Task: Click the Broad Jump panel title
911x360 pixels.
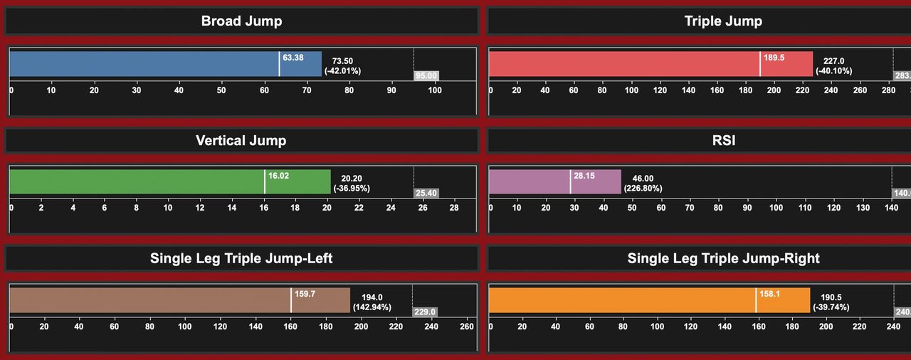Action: [x=241, y=21]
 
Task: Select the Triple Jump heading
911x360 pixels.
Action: [x=723, y=21]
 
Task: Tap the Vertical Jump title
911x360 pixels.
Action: [x=241, y=140]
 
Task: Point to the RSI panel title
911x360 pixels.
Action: [x=723, y=140]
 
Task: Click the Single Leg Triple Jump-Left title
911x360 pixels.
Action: [x=241, y=258]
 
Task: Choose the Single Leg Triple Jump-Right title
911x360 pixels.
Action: [x=723, y=258]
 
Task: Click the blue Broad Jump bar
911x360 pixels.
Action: [x=142, y=64]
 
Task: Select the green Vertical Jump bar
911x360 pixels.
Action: [x=135, y=182]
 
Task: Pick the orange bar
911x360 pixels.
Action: [x=619, y=300]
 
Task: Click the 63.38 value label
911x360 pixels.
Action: [x=293, y=58]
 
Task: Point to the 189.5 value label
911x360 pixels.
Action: [x=774, y=58]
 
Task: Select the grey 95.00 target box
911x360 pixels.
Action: [x=426, y=75]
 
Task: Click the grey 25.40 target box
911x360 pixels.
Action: [x=426, y=194]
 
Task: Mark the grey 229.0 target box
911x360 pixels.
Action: [x=425, y=312]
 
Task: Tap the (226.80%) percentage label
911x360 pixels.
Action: [x=643, y=189]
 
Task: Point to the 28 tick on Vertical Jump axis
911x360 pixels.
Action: [x=454, y=208]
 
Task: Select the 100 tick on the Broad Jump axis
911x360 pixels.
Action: [x=434, y=90]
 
